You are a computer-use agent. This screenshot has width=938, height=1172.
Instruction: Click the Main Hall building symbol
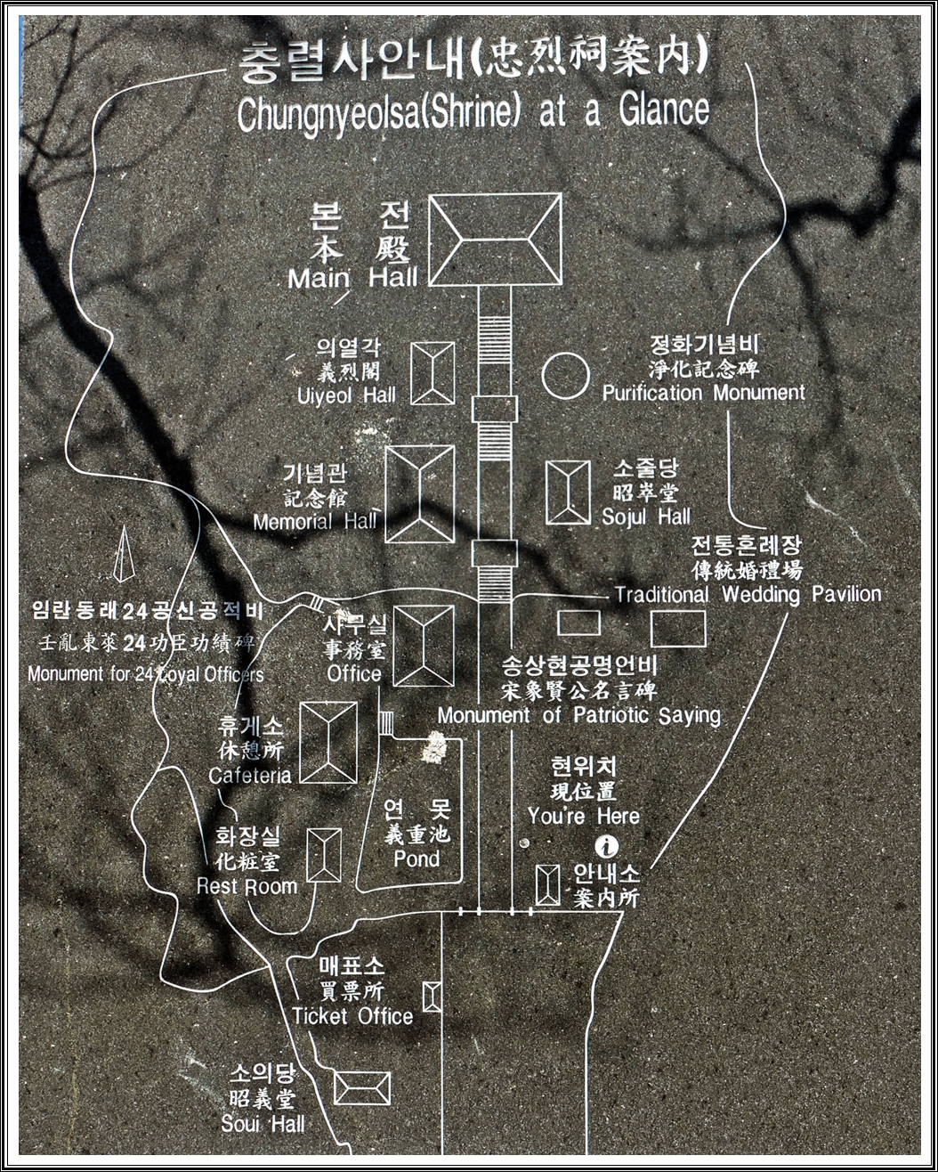[496, 240]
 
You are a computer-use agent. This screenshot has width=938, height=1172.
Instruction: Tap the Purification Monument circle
[565, 375]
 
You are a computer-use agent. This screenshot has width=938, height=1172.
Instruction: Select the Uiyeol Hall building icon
[433, 373]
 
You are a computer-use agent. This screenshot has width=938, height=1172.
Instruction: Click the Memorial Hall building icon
[420, 494]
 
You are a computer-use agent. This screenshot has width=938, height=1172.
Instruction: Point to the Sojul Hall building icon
[568, 492]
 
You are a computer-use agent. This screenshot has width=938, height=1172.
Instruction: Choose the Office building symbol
[424, 646]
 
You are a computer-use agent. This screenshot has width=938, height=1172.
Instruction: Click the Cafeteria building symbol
[328, 742]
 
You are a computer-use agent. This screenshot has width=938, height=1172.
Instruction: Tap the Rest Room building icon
[324, 855]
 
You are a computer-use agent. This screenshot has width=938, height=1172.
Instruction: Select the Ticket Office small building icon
[432, 996]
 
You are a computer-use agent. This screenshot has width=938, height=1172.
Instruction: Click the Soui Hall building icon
[362, 1087]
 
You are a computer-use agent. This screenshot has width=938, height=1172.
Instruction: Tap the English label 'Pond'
[416, 859]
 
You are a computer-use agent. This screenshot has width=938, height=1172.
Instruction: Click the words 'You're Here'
[583, 815]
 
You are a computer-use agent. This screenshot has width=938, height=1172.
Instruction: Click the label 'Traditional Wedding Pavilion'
[748, 594]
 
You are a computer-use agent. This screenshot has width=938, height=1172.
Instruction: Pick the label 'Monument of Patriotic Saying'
[578, 715]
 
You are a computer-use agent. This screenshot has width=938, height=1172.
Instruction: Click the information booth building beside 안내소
[548, 884]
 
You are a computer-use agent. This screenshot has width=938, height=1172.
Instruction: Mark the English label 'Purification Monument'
[703, 392]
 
